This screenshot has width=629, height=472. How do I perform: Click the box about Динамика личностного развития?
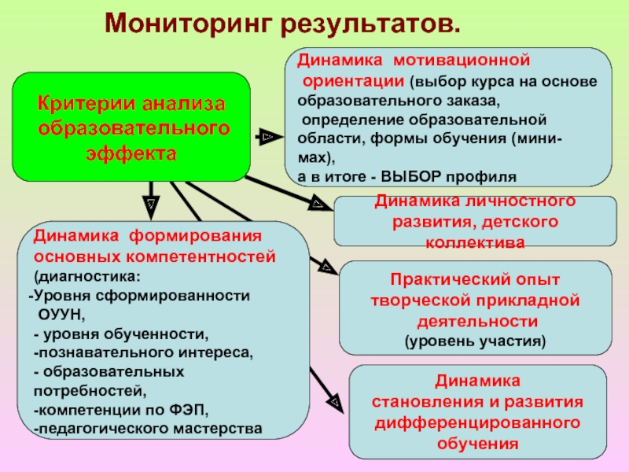474,221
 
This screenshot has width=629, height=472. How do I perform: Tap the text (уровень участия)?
474,341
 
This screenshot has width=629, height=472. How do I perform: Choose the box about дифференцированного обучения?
477,411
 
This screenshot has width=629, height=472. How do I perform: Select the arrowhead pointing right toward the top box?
267,137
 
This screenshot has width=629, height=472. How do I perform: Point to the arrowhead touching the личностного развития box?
318,205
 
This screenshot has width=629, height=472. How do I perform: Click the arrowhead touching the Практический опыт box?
324,266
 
